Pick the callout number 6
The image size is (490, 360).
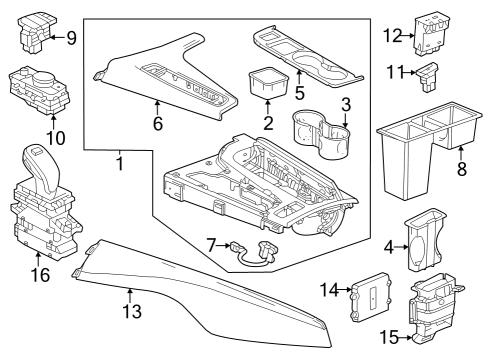(157, 125)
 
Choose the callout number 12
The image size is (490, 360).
(391, 37)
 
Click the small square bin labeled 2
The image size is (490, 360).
(265, 81)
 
